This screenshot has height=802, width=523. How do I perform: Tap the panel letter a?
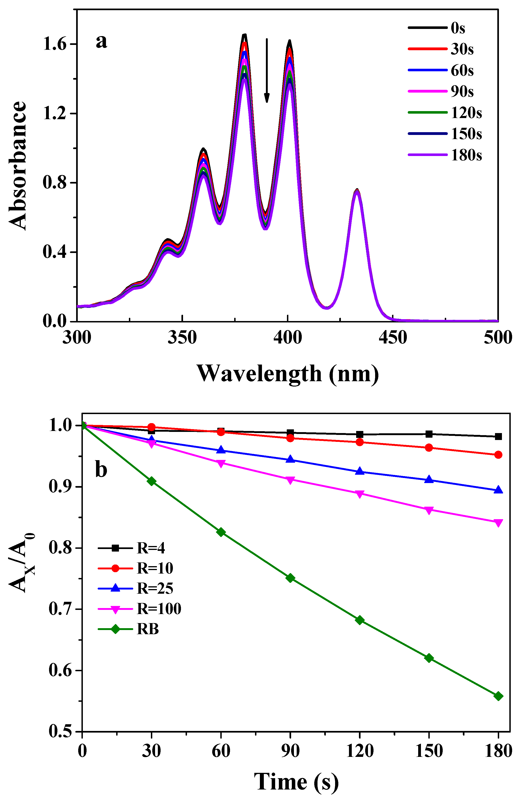[x=101, y=41]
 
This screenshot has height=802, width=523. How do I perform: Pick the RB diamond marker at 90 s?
[x=290, y=578]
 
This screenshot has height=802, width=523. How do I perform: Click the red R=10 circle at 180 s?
[x=498, y=455]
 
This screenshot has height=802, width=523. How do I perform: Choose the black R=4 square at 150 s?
[x=429, y=434]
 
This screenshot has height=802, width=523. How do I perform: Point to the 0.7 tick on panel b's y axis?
[x=61, y=609]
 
